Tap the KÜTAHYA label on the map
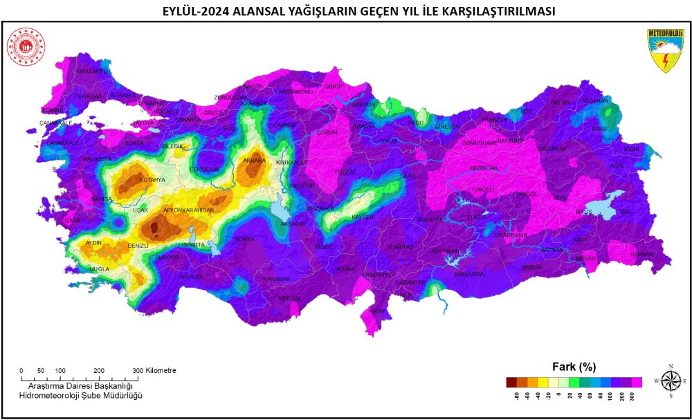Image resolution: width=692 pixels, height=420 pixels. click(x=152, y=180)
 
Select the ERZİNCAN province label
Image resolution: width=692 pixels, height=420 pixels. click(x=483, y=168)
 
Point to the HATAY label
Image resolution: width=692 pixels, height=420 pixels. click(x=376, y=311)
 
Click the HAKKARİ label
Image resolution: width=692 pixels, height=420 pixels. click(x=642, y=255)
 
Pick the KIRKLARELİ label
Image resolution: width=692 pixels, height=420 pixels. click(x=93, y=71)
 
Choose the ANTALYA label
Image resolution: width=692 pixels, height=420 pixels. click(x=191, y=277)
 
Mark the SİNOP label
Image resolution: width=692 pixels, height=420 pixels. click(x=334, y=86)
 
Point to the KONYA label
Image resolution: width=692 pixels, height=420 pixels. click(x=245, y=239)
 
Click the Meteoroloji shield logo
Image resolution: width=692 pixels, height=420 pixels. click(x=665, y=51)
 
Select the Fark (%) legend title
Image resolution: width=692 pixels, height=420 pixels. click(x=574, y=366)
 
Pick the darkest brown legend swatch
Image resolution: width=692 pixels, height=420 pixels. click(x=511, y=382)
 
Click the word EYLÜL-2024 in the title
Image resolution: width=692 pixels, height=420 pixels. click(x=196, y=11)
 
